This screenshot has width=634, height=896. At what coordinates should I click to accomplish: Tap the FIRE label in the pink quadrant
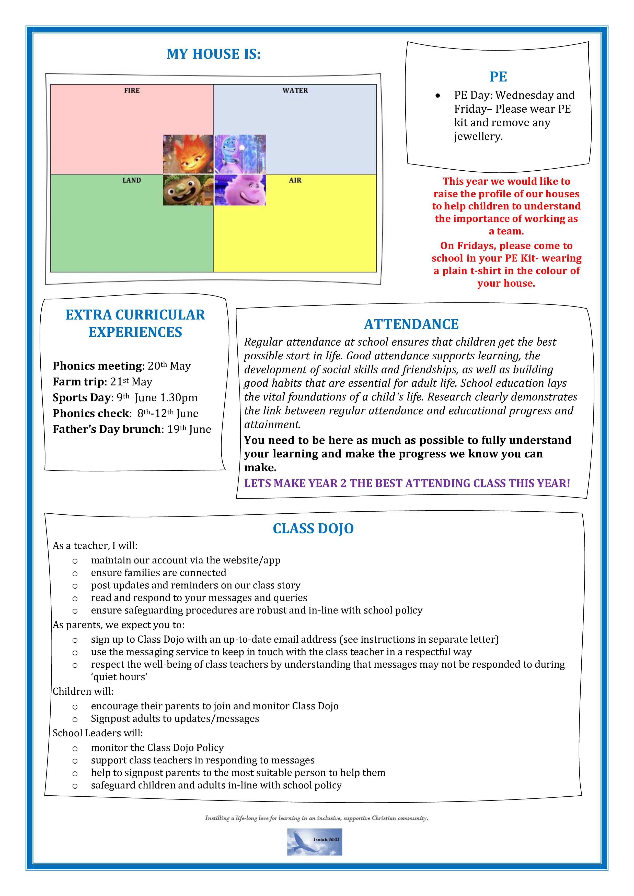132,90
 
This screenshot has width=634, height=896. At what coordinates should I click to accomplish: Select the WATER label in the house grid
295,90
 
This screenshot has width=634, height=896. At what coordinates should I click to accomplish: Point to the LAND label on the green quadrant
132,180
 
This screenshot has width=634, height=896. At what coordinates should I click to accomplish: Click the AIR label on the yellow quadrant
295,180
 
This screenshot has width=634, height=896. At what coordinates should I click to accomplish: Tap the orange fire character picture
188,154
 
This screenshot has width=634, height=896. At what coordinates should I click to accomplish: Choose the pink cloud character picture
240,190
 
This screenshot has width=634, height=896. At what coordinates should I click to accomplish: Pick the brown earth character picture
188,190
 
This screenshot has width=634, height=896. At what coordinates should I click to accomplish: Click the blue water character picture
240,154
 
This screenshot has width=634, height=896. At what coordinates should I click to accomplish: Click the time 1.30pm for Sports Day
179,398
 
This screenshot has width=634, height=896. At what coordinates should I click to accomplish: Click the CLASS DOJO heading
313,528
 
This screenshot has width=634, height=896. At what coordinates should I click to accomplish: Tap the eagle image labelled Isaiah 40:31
315,842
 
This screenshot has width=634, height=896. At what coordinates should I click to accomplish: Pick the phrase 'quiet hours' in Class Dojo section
119,677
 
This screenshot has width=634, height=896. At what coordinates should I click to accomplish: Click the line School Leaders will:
98,733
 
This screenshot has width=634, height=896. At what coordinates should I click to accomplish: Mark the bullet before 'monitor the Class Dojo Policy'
75,748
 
